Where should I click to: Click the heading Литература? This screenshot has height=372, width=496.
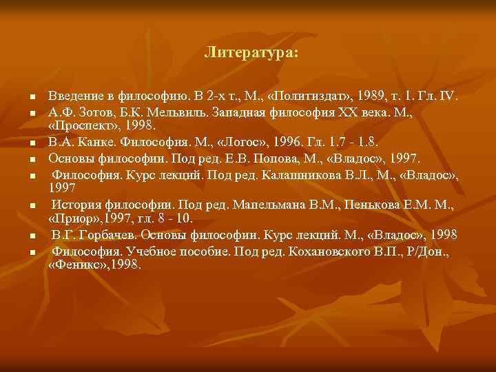pos(251,52)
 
